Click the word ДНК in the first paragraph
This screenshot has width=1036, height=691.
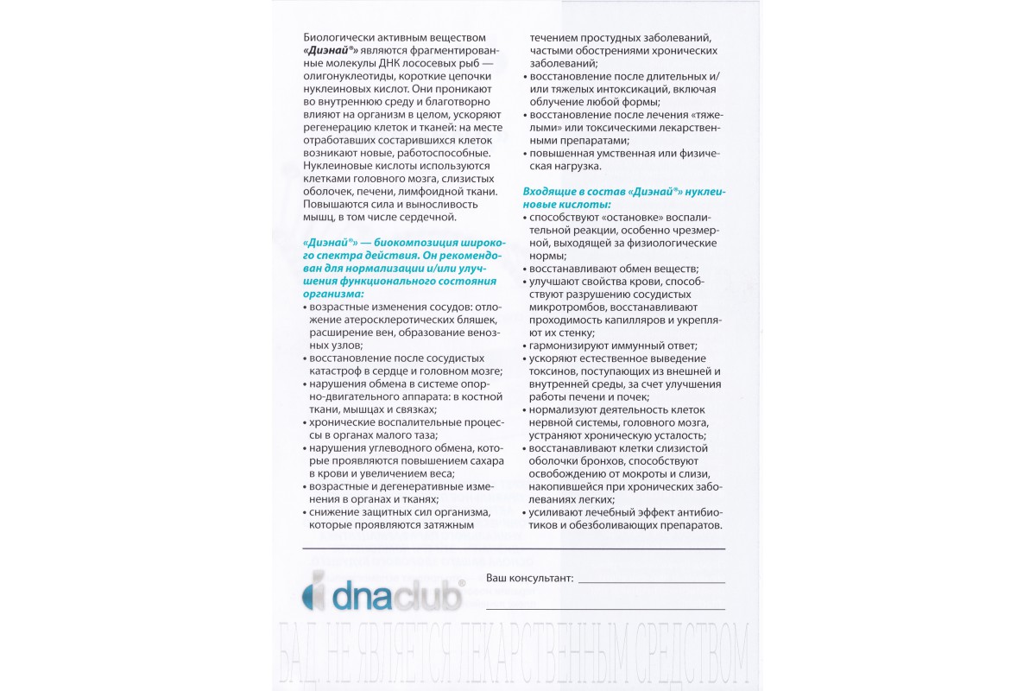[x=414, y=64]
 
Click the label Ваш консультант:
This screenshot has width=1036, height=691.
[x=529, y=578]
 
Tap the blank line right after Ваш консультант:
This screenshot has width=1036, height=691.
[x=652, y=580]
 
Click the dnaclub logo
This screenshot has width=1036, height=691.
[x=384, y=595]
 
